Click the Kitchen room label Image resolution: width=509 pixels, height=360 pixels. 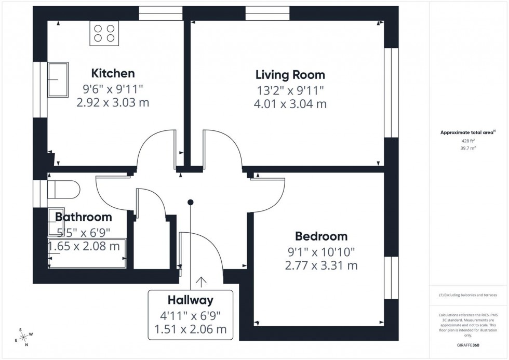tap(113, 73)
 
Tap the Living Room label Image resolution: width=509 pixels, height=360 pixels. tap(290, 75)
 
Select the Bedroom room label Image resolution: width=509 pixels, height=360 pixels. tap(321, 237)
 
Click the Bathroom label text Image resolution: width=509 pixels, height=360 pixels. tap(84, 217)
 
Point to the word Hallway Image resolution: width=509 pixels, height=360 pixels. tap(190, 300)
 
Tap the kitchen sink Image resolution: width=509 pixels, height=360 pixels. tap(58, 79)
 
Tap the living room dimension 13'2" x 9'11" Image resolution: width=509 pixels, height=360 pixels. tap(290, 90)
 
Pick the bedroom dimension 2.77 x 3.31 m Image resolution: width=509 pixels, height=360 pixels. tap(321, 266)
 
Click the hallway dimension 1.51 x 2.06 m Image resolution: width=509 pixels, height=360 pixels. tap(190, 329)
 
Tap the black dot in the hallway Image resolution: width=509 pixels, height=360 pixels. tap(191, 202)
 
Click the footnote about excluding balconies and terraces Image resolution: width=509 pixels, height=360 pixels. tap(468, 295)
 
